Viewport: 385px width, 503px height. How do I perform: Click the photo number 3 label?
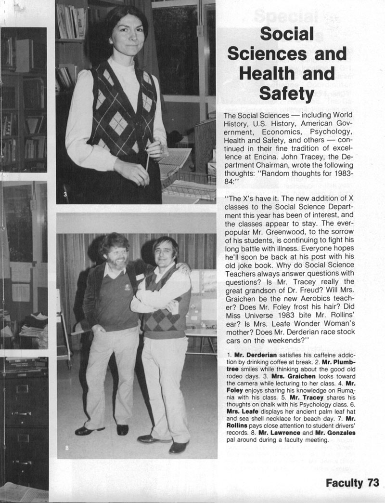(x=64, y=194)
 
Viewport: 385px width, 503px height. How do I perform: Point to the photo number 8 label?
(x=67, y=448)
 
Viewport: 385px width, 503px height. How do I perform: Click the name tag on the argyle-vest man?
(x=140, y=277)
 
